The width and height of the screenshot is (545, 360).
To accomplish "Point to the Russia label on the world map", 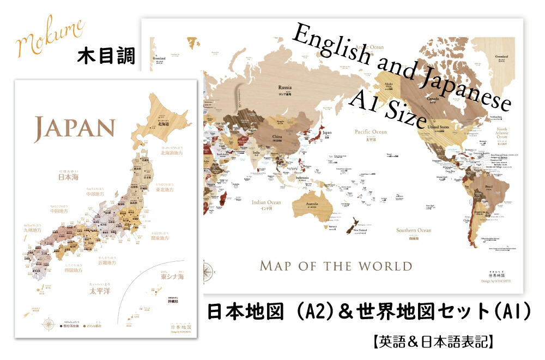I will coord(285,87).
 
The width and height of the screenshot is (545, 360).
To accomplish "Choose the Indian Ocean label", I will coord(267,203).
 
